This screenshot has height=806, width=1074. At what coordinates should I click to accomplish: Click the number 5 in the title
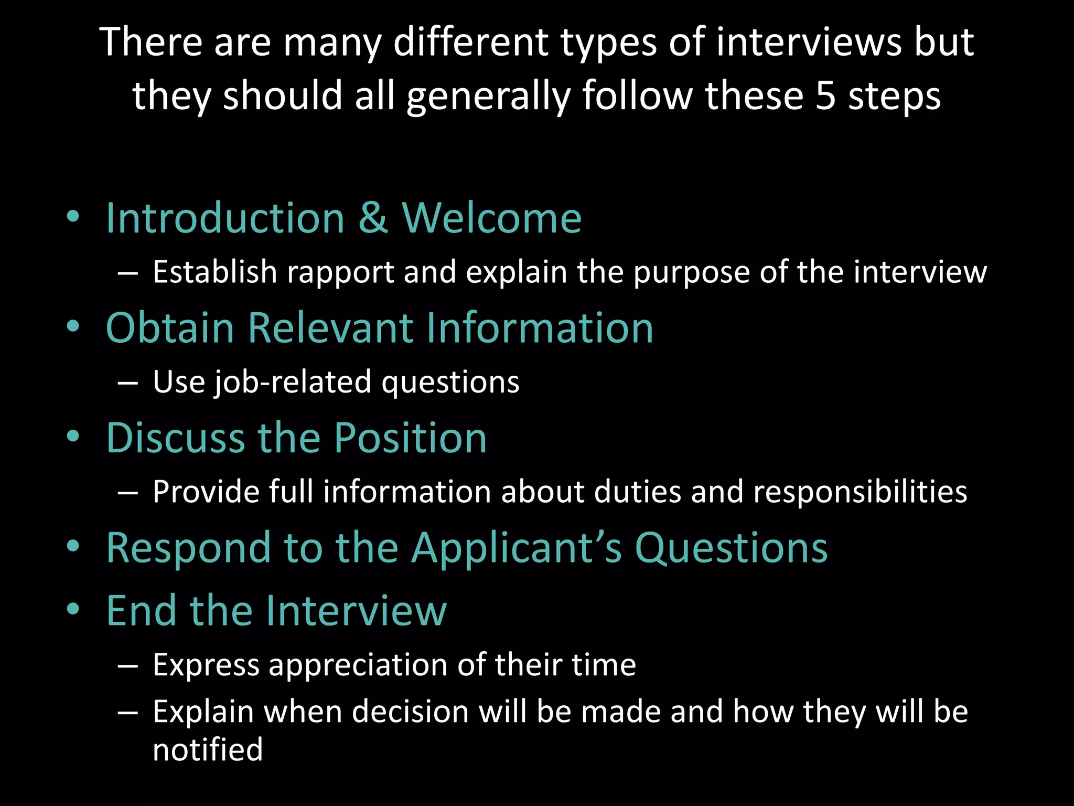pos(825,96)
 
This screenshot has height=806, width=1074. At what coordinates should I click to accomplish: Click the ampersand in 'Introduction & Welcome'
pos(373,218)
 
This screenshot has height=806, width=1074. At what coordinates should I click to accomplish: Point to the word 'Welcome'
pos(492,218)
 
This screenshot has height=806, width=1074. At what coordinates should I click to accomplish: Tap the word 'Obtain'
pos(170,327)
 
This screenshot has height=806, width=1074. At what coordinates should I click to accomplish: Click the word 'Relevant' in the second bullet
pos(330,327)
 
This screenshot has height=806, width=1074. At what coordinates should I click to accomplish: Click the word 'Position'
pos(411,438)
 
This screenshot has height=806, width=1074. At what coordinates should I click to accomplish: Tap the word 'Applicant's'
pos(517,548)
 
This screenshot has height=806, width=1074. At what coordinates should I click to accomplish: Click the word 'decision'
pos(410,712)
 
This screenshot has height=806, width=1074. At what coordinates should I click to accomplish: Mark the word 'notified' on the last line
pos(208,749)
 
